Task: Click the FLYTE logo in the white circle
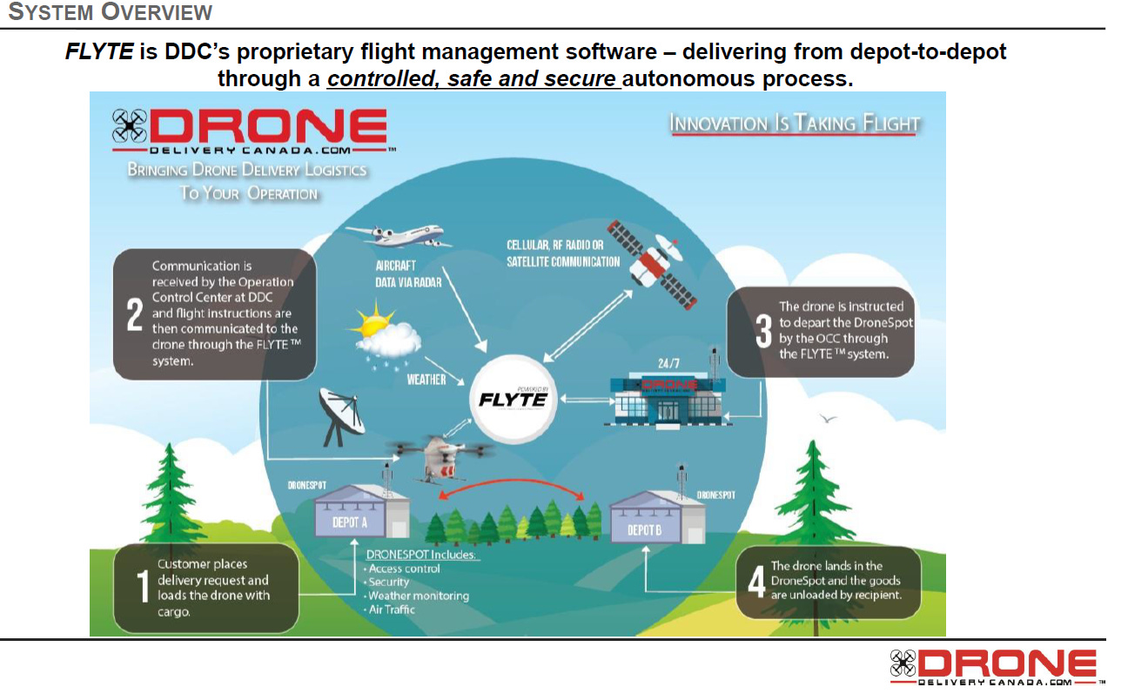tap(514, 400)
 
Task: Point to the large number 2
tap(135, 314)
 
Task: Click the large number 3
tap(763, 331)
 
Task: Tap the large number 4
tap(756, 581)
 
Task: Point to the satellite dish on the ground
tap(339, 413)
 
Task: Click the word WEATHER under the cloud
tap(426, 380)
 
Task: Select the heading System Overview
tap(110, 12)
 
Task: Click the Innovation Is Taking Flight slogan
tap(794, 124)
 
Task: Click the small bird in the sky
tap(827, 419)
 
